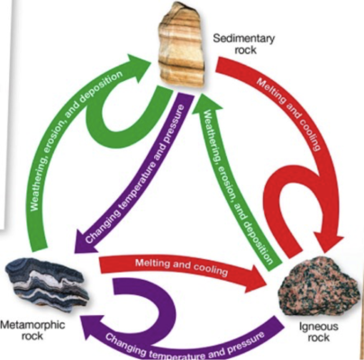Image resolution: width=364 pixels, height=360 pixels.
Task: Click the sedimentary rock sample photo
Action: tap(182, 45)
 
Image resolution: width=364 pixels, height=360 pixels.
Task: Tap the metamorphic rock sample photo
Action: tap(47, 283)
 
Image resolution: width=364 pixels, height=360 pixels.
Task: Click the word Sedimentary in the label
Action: tap(243, 39)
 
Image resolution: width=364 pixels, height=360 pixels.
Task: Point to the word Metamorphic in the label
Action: tap(32, 325)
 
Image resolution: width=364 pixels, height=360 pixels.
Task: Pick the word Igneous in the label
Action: tap(319, 327)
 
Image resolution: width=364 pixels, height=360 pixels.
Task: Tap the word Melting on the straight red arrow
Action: tap(152, 264)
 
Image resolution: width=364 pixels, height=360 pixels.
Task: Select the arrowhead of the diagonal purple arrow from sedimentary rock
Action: tap(85, 240)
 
